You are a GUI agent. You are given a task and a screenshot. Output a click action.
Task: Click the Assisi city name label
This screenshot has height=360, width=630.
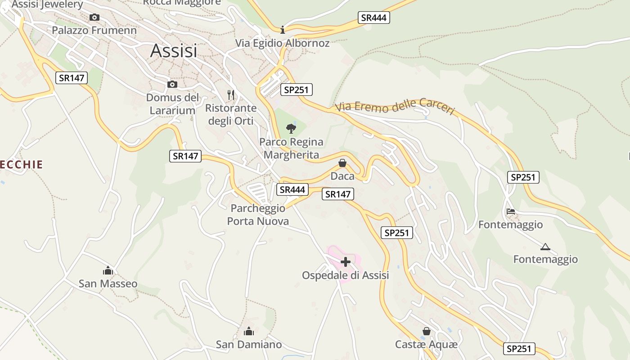pos(174,51)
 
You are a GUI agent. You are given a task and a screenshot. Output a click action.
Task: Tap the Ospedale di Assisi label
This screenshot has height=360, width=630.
pos(345,275)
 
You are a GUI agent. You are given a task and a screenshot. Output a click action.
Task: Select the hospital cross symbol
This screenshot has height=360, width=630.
pos(346,262)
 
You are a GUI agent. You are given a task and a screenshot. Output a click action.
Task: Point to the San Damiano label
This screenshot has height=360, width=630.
pos(249,345)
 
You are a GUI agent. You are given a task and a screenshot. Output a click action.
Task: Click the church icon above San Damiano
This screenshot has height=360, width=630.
pos(248,332)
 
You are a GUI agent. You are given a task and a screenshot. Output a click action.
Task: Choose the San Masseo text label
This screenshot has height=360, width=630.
pos(108,283)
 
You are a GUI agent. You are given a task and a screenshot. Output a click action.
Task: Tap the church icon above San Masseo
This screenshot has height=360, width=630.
pos(108,270)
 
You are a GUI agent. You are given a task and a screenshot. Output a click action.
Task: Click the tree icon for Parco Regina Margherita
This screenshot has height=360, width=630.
pos(291,129)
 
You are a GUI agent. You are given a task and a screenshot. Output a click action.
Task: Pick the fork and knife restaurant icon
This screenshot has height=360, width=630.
pos(231,95)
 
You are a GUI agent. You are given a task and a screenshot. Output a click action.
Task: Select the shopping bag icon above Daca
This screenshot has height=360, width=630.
pos(342,163)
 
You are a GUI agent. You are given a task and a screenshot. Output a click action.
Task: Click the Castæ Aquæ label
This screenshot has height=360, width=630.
pos(426,344)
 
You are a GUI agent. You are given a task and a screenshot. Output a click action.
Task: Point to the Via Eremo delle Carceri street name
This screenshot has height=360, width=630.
pos(395,107)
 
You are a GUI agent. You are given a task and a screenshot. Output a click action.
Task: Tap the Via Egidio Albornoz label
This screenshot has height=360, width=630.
pos(283,43)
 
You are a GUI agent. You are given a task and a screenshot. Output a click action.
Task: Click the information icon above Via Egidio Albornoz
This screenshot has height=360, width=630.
pos(283,30)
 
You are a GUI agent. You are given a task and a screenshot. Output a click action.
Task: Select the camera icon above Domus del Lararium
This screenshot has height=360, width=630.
pos(172,84)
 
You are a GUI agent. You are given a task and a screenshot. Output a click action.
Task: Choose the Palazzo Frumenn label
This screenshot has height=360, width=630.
pos(94,30)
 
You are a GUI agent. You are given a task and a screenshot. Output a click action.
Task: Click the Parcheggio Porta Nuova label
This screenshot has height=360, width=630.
pos(258,215)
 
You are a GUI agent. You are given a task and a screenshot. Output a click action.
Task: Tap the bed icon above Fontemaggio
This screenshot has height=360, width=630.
pos(510,211)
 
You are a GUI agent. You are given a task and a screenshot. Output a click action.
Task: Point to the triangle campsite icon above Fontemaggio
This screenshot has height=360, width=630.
pos(545,247)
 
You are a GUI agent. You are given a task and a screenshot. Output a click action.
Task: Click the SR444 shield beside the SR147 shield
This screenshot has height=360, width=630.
pos(292,189)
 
